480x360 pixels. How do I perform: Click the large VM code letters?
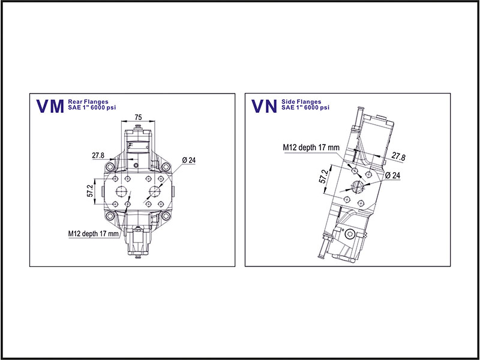(x=50, y=106)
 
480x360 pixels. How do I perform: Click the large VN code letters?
(x=264, y=106)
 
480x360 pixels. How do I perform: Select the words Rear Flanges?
(x=88, y=102)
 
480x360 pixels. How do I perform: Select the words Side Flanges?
(x=301, y=102)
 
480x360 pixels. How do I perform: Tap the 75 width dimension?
(x=138, y=117)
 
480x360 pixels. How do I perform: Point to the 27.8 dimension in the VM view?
(x=98, y=155)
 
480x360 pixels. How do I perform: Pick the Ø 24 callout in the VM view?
(x=189, y=160)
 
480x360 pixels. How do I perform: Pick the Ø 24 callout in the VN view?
(x=393, y=175)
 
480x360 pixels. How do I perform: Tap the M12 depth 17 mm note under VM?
(x=93, y=233)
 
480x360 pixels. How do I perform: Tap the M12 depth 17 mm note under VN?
(x=311, y=147)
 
